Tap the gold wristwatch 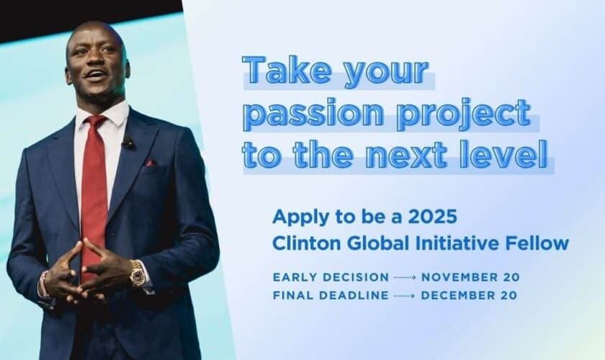point(137,273)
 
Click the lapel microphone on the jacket point(127,143)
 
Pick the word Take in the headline point(277,73)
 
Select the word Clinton point(300,243)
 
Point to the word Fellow point(543,243)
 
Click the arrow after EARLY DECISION point(404,277)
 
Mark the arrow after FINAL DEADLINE point(404,295)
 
